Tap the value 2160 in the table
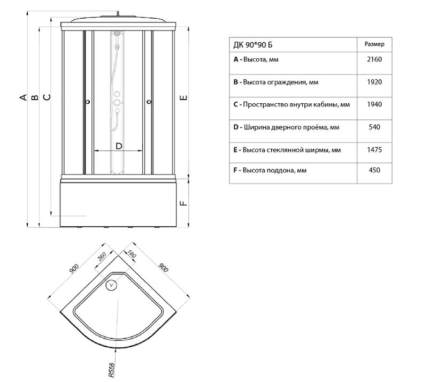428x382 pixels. (x=374, y=60)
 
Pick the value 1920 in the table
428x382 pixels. (x=374, y=82)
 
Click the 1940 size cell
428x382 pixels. (x=374, y=104)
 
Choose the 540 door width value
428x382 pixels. (x=374, y=127)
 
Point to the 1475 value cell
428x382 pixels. (x=374, y=150)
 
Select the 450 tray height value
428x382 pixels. (x=374, y=171)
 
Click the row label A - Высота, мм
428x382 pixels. (x=256, y=60)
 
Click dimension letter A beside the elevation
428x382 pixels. (x=22, y=97)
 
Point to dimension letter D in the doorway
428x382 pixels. (x=119, y=146)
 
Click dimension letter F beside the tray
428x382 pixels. (x=182, y=203)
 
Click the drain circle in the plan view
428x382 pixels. (x=112, y=285)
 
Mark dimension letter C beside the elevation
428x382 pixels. (x=47, y=97)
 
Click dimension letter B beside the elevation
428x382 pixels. (x=34, y=97)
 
